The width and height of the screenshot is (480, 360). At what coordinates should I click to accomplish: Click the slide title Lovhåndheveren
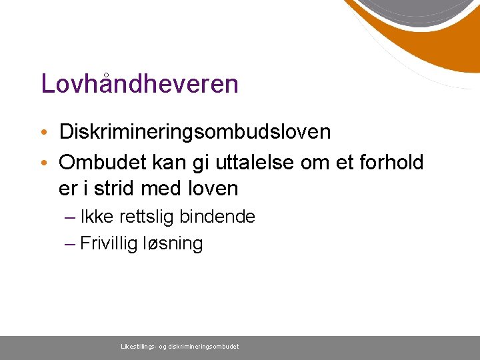(139, 84)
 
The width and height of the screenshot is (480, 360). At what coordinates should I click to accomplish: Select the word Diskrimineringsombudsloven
(195, 132)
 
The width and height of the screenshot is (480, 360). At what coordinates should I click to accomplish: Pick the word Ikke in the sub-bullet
(92, 217)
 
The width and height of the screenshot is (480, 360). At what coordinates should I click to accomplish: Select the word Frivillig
(108, 243)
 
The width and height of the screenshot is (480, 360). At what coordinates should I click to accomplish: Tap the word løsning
(173, 244)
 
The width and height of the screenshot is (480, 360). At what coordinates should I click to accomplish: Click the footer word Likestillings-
(138, 347)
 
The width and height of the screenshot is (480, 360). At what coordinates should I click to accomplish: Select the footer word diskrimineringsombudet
(203, 347)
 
